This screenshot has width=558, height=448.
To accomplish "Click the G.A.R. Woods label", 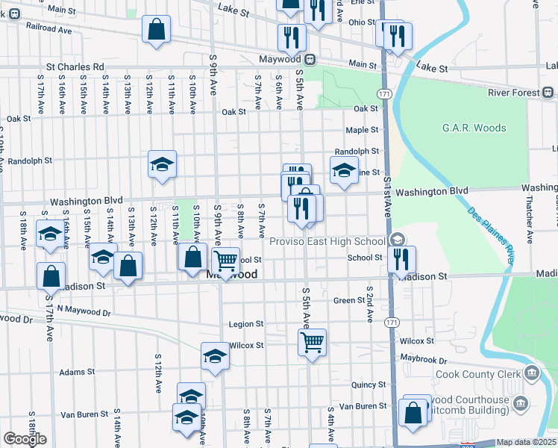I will pos(474,128).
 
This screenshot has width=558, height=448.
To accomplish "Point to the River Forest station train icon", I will pos(547,93).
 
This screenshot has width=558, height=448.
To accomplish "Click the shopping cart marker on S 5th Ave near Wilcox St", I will pos(312,343).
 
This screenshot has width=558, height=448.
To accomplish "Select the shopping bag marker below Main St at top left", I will pos(157,31).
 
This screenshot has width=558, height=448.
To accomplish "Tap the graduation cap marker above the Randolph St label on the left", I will pos(161,164).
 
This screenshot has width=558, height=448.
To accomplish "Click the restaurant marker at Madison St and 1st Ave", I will pos(402,259).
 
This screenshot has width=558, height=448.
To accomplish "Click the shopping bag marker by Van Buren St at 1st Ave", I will pos(413,413).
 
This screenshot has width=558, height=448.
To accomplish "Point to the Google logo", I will pos(25,438).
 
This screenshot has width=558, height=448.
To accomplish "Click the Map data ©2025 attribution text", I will pos(527,442).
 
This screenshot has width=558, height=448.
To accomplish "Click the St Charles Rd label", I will pos(76,66).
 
